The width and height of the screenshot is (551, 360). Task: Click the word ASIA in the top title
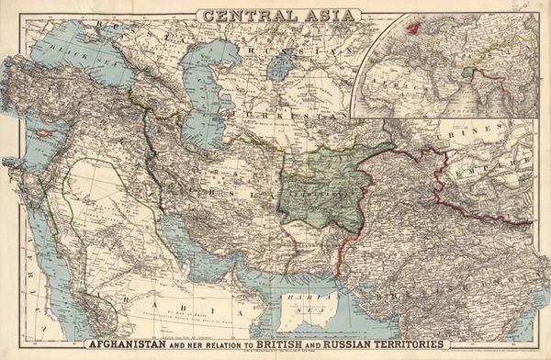pos(320,15)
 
